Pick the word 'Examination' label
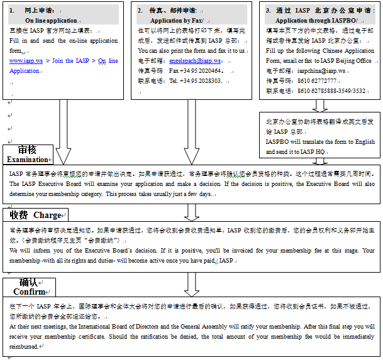coord(27,160)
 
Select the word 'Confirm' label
coord(29,292)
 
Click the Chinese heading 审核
coord(27,150)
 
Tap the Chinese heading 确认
coord(29,282)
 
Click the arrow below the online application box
coord(64,131)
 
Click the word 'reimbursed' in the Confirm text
coord(23,346)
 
